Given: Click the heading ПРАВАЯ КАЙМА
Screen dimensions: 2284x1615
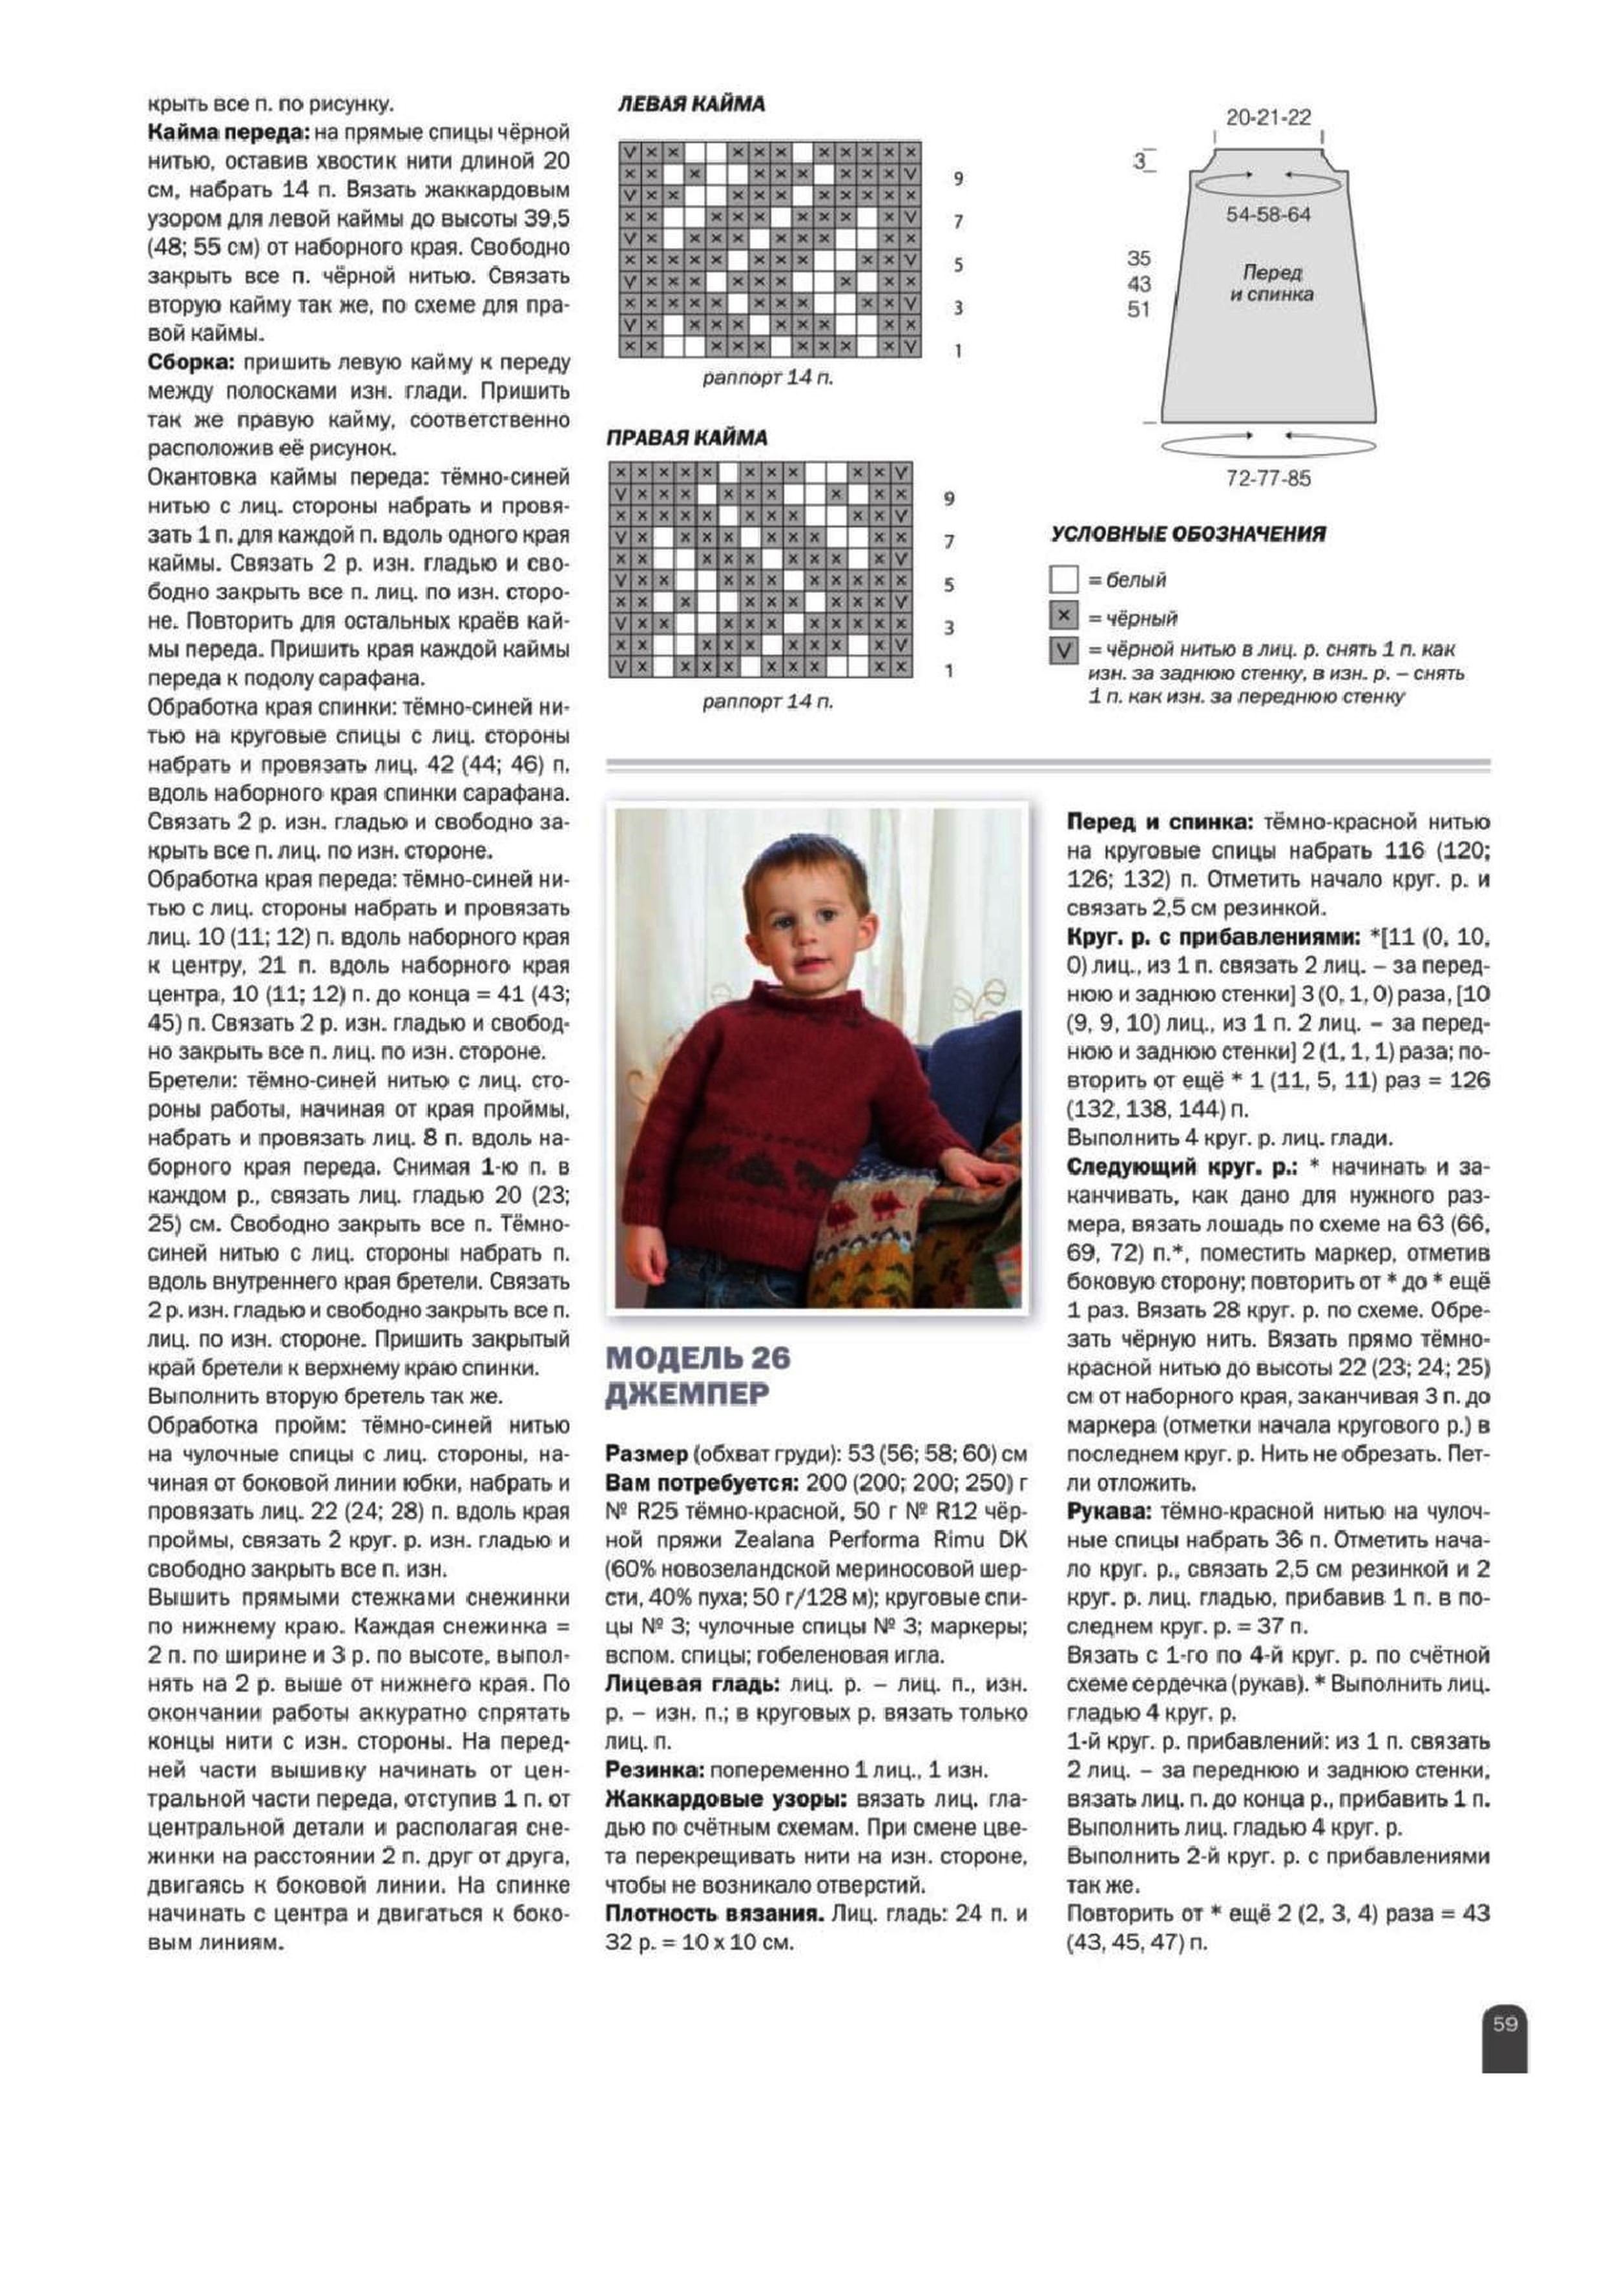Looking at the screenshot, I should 687,438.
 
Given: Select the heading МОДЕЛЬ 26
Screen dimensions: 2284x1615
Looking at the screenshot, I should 698,1357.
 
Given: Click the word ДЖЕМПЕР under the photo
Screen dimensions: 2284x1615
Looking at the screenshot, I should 687,1395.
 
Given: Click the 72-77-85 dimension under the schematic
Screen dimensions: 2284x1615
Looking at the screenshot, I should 1269,479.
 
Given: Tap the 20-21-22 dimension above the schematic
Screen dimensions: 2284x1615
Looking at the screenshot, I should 1269,118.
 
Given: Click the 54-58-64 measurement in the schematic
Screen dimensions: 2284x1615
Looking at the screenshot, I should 1269,215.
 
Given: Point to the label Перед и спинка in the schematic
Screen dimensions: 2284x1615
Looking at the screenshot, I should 1272,282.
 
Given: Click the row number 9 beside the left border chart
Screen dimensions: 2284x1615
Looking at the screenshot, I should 958,179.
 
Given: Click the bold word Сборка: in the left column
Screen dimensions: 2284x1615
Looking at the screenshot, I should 192,362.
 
